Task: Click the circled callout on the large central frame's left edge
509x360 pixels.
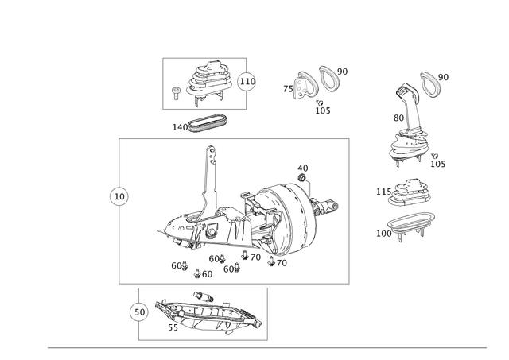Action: click(117, 195)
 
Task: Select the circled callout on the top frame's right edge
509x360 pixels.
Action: click(247, 80)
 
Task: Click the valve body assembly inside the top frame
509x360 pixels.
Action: click(206, 83)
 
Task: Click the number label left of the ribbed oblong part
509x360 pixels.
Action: click(177, 126)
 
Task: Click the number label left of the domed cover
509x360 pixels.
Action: click(379, 191)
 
